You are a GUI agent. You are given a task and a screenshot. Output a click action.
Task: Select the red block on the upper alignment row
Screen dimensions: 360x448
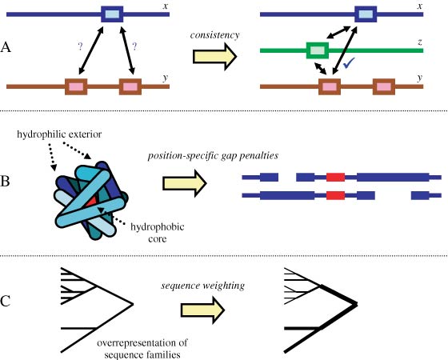(x=336, y=175)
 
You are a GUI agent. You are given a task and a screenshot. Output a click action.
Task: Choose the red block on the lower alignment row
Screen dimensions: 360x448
(x=336, y=194)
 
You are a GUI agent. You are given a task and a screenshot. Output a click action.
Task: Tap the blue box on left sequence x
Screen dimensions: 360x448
(x=112, y=14)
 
